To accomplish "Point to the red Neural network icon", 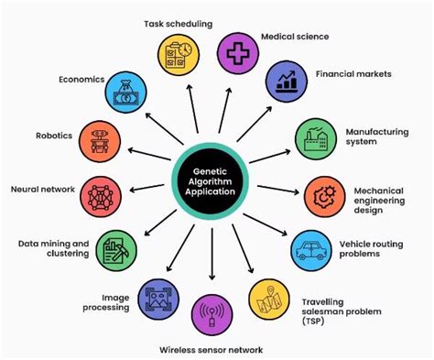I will (x=99, y=195).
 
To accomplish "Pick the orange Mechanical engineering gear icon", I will (x=322, y=195).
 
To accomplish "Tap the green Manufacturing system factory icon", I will (x=313, y=139).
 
